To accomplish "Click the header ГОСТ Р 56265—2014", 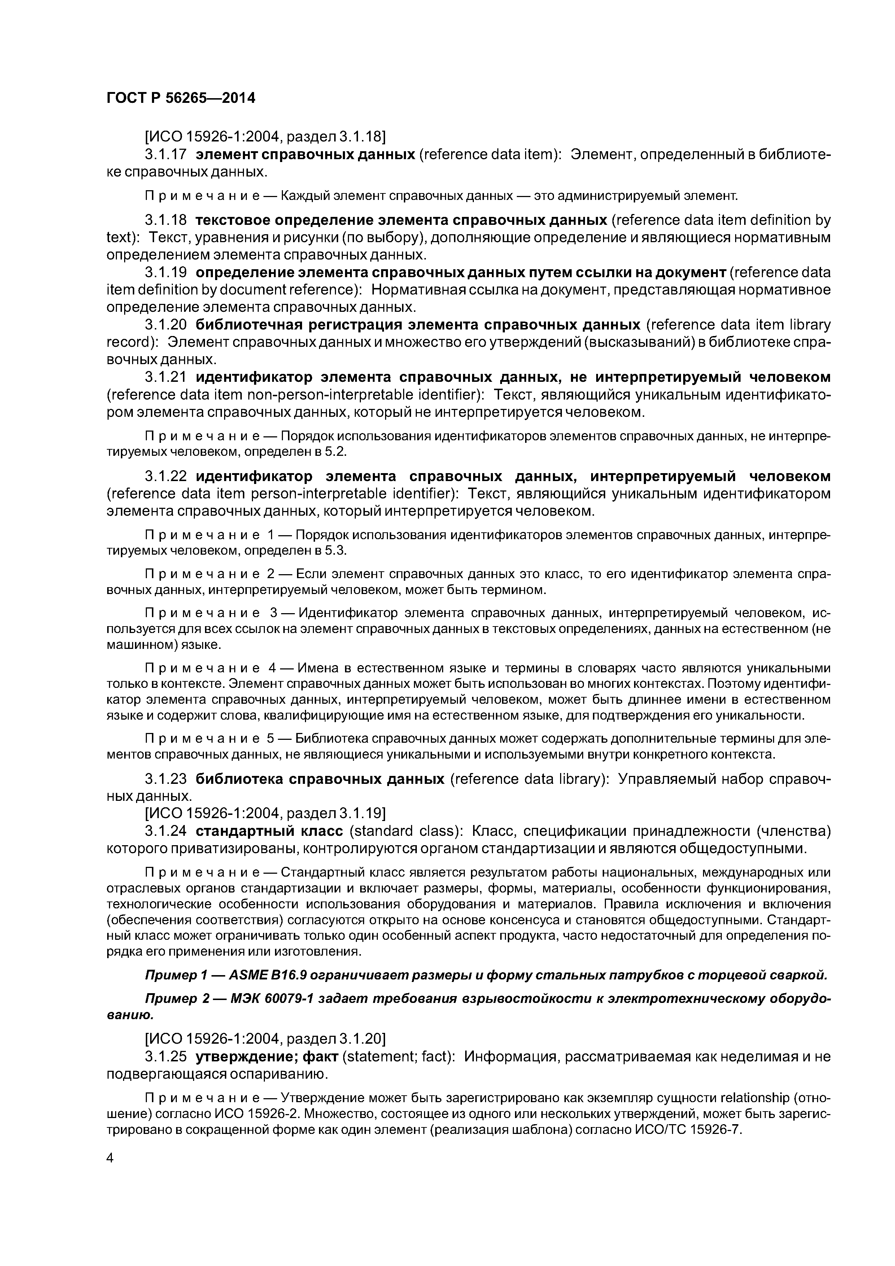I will pos(181,98).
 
